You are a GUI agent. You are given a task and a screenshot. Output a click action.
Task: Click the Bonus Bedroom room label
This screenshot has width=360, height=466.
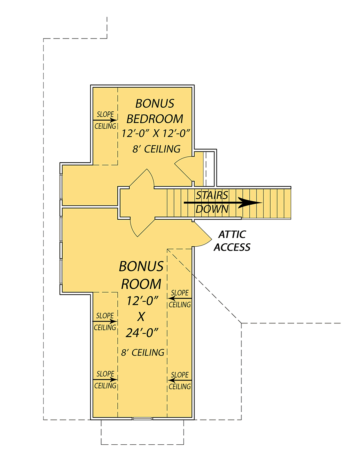pyautogui.click(x=154, y=111)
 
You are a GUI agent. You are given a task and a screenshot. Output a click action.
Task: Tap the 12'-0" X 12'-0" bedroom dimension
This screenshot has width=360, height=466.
pyautogui.click(x=156, y=134)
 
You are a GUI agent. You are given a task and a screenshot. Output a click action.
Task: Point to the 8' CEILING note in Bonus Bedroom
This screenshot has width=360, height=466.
pyautogui.click(x=156, y=149)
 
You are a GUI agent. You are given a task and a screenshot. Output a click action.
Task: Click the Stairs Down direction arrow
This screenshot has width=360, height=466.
pyautogui.click(x=223, y=203)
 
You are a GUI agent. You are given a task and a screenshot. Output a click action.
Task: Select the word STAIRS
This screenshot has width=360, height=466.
pyautogui.click(x=212, y=195)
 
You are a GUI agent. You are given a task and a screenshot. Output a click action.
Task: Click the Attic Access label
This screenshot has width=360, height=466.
pyautogui.click(x=232, y=241)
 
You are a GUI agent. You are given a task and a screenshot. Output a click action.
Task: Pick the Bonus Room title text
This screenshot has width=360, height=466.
pyautogui.click(x=141, y=275)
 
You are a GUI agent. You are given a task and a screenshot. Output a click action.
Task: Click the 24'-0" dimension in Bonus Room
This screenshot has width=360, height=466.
pyautogui.click(x=142, y=332)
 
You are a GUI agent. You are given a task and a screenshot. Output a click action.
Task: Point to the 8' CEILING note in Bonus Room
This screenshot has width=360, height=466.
pyautogui.click(x=142, y=353)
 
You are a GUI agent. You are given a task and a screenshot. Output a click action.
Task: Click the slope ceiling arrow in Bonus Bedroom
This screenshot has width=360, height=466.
pyautogui.click(x=105, y=120)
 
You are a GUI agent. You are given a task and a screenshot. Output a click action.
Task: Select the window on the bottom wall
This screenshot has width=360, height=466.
pyautogui.click(x=142, y=418)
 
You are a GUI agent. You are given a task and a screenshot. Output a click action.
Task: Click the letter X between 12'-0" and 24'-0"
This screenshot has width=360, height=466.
pyautogui.click(x=141, y=316)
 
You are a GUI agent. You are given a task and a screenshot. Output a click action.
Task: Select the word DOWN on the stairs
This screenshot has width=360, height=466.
pyautogui.click(x=212, y=209)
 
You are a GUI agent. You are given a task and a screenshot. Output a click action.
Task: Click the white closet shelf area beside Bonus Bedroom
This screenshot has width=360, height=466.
pyautogui.click(x=210, y=169)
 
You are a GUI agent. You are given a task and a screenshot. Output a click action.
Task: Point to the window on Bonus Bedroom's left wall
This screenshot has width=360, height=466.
pyautogui.click(x=61, y=187)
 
